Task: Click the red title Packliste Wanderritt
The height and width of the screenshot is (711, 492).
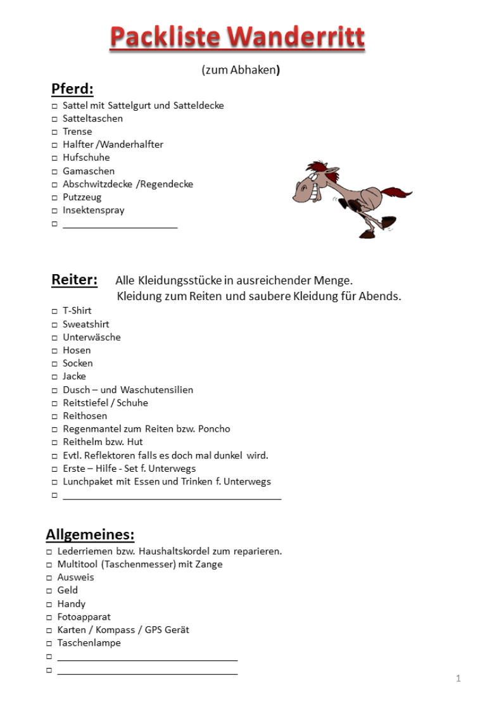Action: click(237, 37)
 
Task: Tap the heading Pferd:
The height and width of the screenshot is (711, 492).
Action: click(72, 89)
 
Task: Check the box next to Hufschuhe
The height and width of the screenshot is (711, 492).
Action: click(54, 158)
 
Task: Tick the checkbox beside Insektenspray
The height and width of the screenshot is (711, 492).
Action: click(54, 211)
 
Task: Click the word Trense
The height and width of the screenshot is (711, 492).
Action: click(77, 132)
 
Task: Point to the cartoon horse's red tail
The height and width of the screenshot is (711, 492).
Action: click(396, 191)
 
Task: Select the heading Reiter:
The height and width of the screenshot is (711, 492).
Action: click(74, 280)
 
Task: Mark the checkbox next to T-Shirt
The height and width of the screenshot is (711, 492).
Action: click(54, 311)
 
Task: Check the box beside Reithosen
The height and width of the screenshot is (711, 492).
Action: click(54, 417)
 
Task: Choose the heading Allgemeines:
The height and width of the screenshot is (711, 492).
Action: click(90, 535)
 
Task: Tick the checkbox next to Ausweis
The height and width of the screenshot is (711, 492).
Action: click(49, 578)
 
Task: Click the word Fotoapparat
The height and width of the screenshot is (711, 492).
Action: click(84, 617)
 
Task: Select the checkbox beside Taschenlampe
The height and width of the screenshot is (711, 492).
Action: click(49, 643)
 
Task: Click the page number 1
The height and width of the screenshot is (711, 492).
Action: click(458, 679)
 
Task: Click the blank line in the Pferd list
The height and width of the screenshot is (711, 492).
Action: click(120, 225)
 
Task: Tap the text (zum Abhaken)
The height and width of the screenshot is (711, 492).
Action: click(241, 70)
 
